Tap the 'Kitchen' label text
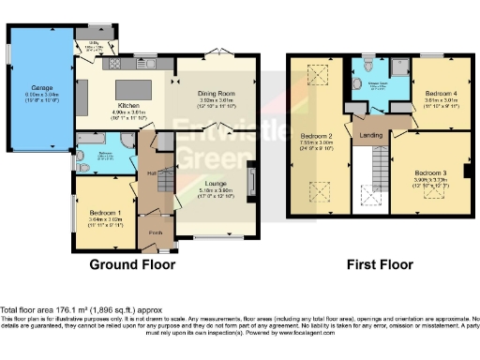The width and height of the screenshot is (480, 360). tap(127, 106)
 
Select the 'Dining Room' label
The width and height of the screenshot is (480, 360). tap(214, 95)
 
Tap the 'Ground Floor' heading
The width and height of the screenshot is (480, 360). tap(132, 265)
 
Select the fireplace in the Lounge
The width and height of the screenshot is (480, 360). tap(250, 178)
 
